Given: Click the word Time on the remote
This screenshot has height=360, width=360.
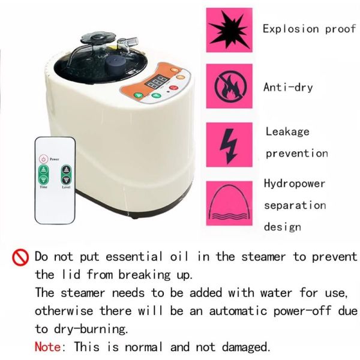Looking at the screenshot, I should coord(44,188).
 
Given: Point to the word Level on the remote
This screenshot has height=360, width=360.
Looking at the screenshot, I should coord(66,188).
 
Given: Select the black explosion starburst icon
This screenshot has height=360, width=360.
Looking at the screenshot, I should coord(229,29).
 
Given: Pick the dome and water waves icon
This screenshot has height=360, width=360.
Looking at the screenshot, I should coord(229,203).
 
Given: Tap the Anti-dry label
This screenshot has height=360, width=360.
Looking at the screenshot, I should coord(288,87).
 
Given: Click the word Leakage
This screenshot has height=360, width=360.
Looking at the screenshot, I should coord(287,131).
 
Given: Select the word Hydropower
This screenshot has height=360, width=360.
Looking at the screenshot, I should coord(295,183).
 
